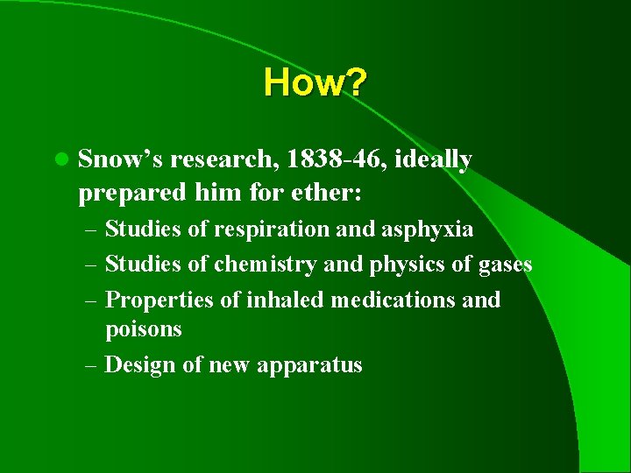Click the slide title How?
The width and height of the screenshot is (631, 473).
(315, 83)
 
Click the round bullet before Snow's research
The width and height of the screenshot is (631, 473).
(60, 160)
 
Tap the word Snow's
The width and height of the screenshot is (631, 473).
(120, 159)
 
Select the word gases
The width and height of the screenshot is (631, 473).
(502, 265)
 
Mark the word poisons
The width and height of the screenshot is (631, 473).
(143, 329)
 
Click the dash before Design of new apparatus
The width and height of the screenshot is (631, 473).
(91, 365)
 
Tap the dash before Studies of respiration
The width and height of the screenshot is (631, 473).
(91, 230)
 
